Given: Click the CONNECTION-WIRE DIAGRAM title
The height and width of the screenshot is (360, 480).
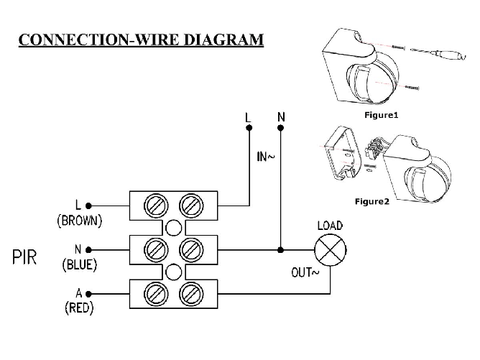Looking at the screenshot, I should coord(141,39).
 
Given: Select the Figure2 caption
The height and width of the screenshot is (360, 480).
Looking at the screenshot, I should coord(371,201).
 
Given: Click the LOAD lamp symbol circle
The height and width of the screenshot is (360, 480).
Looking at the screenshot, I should coord(330,251).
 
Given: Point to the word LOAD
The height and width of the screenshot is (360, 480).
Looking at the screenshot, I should coord(330,226).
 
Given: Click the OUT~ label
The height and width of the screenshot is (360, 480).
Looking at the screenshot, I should coord(305,272).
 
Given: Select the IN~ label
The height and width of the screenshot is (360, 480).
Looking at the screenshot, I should coord(265,157).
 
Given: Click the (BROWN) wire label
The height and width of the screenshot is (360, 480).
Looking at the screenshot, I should coord(79,221).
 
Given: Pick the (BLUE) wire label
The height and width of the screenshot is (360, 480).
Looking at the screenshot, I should coord(79,264).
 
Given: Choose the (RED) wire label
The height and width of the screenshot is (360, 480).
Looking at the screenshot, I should coord(79,308).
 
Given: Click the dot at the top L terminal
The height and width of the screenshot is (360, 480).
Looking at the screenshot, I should coord(249,128).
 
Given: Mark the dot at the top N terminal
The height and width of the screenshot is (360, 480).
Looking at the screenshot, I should coord(280,128).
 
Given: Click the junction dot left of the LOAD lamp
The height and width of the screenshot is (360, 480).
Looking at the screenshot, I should coord(280,250).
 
